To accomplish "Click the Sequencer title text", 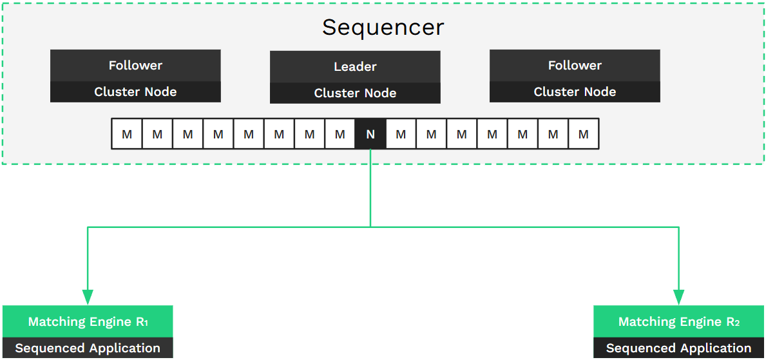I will coord(383,28).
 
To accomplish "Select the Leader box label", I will coord(355,67).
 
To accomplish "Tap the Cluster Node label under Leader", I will coord(355,93).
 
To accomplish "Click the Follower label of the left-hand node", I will coord(135,66).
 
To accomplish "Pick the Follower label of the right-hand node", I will coord(575,66).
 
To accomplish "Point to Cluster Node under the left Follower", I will coord(135,91).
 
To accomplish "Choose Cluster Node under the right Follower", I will coord(575,91).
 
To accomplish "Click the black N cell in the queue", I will coord(370,134).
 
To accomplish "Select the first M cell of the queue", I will coord(127,134).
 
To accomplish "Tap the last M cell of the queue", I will coord(583,134).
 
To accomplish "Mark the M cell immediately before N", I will coord(340,134).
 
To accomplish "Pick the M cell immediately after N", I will coord(401,134).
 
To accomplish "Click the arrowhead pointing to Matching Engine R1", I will coord(88,297).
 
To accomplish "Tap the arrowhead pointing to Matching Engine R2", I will coord(678,297).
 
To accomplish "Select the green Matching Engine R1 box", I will coord(88,321).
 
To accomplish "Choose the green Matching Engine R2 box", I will coord(678,321).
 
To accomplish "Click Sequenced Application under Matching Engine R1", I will coord(88,348).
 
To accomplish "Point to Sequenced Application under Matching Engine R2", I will coord(678,348).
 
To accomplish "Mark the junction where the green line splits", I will coord(370,227).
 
